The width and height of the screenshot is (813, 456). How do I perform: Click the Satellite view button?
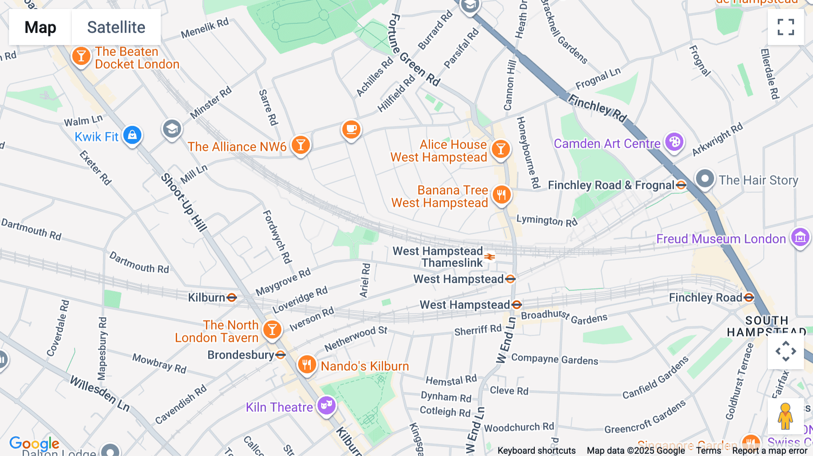[x=116, y=27]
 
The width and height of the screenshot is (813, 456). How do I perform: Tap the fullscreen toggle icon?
[x=785, y=27]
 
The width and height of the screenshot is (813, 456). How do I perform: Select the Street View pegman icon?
[x=785, y=416]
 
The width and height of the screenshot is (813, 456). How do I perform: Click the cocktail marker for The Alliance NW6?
[x=300, y=145]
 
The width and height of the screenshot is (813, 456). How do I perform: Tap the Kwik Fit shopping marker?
[x=132, y=135]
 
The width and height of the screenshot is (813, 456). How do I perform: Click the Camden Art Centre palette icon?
[x=674, y=142]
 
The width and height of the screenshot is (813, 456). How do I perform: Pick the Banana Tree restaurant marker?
[x=501, y=195]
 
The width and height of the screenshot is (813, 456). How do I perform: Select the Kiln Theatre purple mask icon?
[x=326, y=405]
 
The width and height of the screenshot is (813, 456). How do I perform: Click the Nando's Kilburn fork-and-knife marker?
[x=307, y=364]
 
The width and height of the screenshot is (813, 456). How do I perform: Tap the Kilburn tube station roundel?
[x=232, y=297]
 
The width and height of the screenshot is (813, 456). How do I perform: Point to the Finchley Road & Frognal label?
[x=611, y=185]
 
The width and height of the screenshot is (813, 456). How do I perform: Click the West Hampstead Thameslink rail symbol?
[x=490, y=257]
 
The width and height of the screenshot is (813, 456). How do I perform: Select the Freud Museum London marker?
[x=800, y=237]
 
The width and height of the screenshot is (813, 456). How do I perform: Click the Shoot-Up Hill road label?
[x=183, y=202]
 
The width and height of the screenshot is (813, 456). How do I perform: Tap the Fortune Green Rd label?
[x=413, y=50]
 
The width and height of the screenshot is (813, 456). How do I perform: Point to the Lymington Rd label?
[x=547, y=220]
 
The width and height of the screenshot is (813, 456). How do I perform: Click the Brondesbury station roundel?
[x=280, y=354]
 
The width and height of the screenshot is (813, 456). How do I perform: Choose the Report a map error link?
[x=770, y=451]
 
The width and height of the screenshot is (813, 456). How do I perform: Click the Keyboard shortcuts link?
[x=536, y=451]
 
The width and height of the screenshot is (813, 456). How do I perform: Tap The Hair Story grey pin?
[x=705, y=178]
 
